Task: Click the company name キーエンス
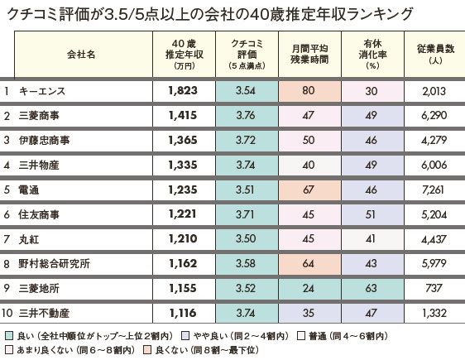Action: click(42, 91)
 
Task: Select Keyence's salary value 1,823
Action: click(183, 91)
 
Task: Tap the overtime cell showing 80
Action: click(309, 90)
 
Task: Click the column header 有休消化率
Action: click(372, 55)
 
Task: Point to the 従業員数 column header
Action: click(436, 54)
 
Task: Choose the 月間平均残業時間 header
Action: click(309, 55)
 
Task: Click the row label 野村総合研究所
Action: click(54, 264)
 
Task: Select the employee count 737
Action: click(434, 288)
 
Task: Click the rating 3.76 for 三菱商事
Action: click(246, 115)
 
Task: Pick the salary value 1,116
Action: click(183, 313)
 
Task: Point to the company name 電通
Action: click(29, 190)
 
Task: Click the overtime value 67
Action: click(309, 190)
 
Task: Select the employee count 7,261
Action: click(433, 190)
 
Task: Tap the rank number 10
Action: click(7, 313)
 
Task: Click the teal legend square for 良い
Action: click(9, 336)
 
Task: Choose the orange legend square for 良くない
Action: click(146, 350)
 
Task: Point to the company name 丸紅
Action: click(29, 239)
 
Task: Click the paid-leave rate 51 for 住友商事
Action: click(371, 214)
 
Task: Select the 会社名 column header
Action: click(81, 55)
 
